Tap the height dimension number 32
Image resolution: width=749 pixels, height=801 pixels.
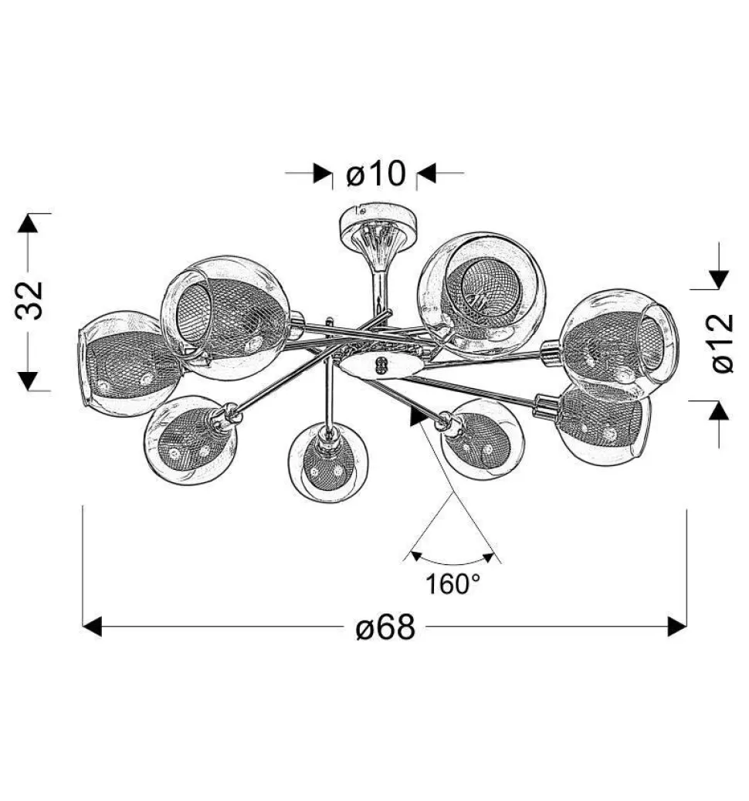coord(29,300)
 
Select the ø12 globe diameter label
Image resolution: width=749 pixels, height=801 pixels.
coord(723,343)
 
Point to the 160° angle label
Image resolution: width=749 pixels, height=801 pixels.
coord(452,584)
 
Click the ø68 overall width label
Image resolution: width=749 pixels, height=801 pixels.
coord(385,627)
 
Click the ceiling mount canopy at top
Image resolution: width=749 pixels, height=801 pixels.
coord(378,223)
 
